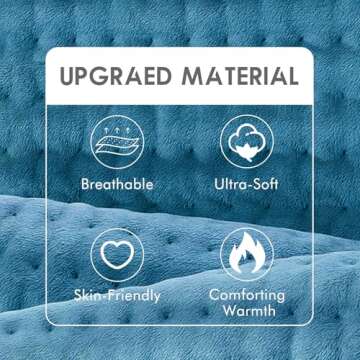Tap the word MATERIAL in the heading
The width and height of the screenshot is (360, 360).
(240, 77)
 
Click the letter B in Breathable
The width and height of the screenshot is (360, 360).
(85, 185)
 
